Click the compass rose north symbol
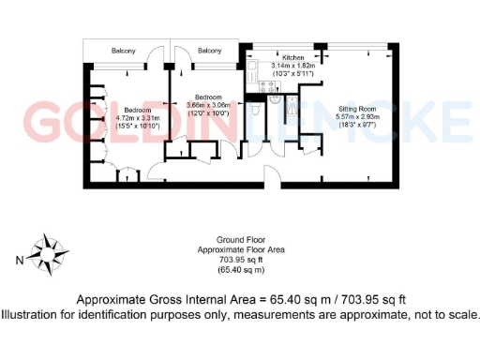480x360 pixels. tap(43, 250)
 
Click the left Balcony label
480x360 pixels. tap(125, 51)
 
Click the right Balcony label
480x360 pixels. tap(210, 51)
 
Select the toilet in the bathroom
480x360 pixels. tap(256, 109)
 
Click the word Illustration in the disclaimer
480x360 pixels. tap(32, 314)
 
